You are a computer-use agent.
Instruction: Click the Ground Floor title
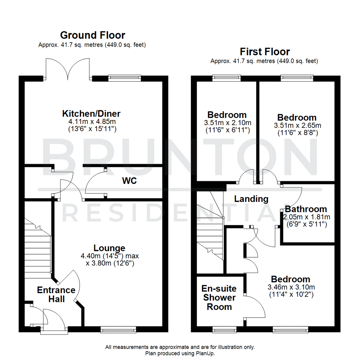pos(92,35)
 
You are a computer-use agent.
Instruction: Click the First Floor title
pos(265,52)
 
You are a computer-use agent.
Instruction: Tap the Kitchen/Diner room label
pos(91,114)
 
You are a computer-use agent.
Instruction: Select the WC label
pos(129,181)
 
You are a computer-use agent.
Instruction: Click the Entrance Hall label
pos(56,294)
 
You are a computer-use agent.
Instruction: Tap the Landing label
pos(251,199)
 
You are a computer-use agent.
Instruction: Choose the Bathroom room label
pos(306,209)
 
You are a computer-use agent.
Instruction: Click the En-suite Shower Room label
pos(219,297)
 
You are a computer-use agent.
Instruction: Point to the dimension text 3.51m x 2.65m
pos(297,125)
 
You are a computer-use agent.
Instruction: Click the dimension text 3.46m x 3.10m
pos(290,287)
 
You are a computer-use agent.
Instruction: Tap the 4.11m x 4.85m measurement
pos(91,122)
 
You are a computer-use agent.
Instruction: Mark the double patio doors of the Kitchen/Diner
pos(68,68)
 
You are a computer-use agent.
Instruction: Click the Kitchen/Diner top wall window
pos(125,78)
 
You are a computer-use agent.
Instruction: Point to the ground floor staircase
pos(37,250)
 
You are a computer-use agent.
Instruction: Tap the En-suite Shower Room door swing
pos(255,307)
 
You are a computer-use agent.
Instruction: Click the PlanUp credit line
pos(180,353)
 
